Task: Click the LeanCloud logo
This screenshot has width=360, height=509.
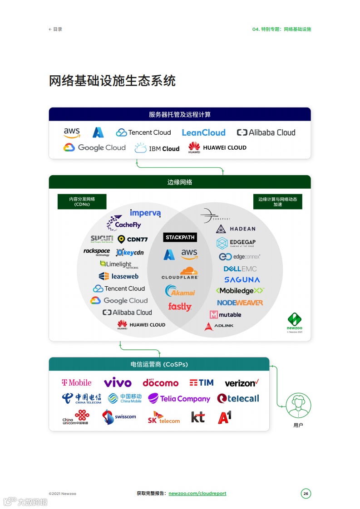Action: click(x=203, y=132)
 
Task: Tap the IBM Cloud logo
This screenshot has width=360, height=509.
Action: click(x=157, y=148)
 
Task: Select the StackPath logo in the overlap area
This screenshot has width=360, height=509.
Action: click(x=180, y=237)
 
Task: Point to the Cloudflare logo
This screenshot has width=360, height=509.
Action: click(x=180, y=273)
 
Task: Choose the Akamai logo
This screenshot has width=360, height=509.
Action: click(x=180, y=291)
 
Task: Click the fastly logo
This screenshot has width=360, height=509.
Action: click(x=180, y=307)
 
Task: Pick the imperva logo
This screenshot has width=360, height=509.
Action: click(x=145, y=213)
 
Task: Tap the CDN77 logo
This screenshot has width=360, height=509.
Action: click(x=133, y=239)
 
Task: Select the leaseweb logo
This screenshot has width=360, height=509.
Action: click(x=118, y=276)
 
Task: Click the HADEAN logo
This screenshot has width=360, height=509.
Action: click(x=236, y=229)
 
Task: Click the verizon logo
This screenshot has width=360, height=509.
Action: click(x=242, y=383)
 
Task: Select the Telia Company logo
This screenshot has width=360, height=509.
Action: click(x=179, y=399)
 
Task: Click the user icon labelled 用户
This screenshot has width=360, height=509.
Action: click(x=298, y=404)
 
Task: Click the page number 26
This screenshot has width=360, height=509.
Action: click(x=306, y=494)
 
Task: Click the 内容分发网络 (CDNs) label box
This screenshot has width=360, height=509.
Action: click(x=82, y=201)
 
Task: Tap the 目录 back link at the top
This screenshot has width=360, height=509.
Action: click(x=55, y=29)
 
